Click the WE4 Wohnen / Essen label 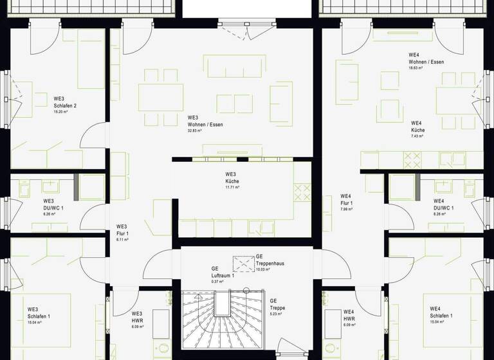(x=426, y=62)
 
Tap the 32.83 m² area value (x=194, y=130)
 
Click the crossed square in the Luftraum (x=242, y=263)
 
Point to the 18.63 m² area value (x=416, y=68)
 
